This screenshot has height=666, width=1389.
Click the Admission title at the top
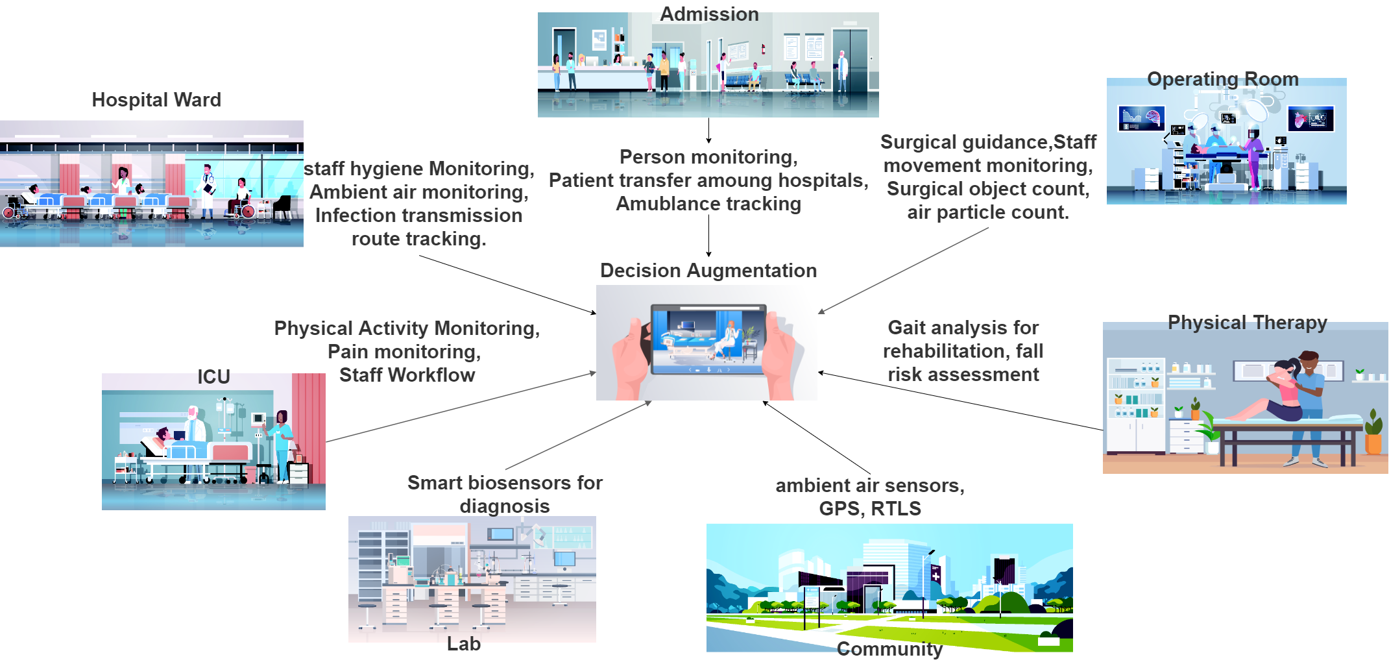pos(709,14)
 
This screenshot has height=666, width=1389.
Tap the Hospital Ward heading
pos(156,99)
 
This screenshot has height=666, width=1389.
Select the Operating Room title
pos(1223,79)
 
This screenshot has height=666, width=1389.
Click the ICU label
pos(213,376)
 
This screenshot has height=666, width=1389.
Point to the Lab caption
pos(464,643)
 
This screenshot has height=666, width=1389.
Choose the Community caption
pos(889,649)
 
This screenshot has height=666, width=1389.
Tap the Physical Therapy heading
pos(1248,323)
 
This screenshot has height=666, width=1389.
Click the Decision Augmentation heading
pos(708,271)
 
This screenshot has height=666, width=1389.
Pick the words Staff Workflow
pos(407,375)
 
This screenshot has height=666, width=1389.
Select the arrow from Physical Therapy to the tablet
pos(960,401)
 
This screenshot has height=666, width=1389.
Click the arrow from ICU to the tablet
pos(461,407)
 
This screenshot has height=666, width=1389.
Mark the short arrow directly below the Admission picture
pos(708,130)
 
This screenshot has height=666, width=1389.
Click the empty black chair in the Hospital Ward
pos(282,207)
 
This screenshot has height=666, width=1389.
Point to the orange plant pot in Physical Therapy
pos(1373,443)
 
